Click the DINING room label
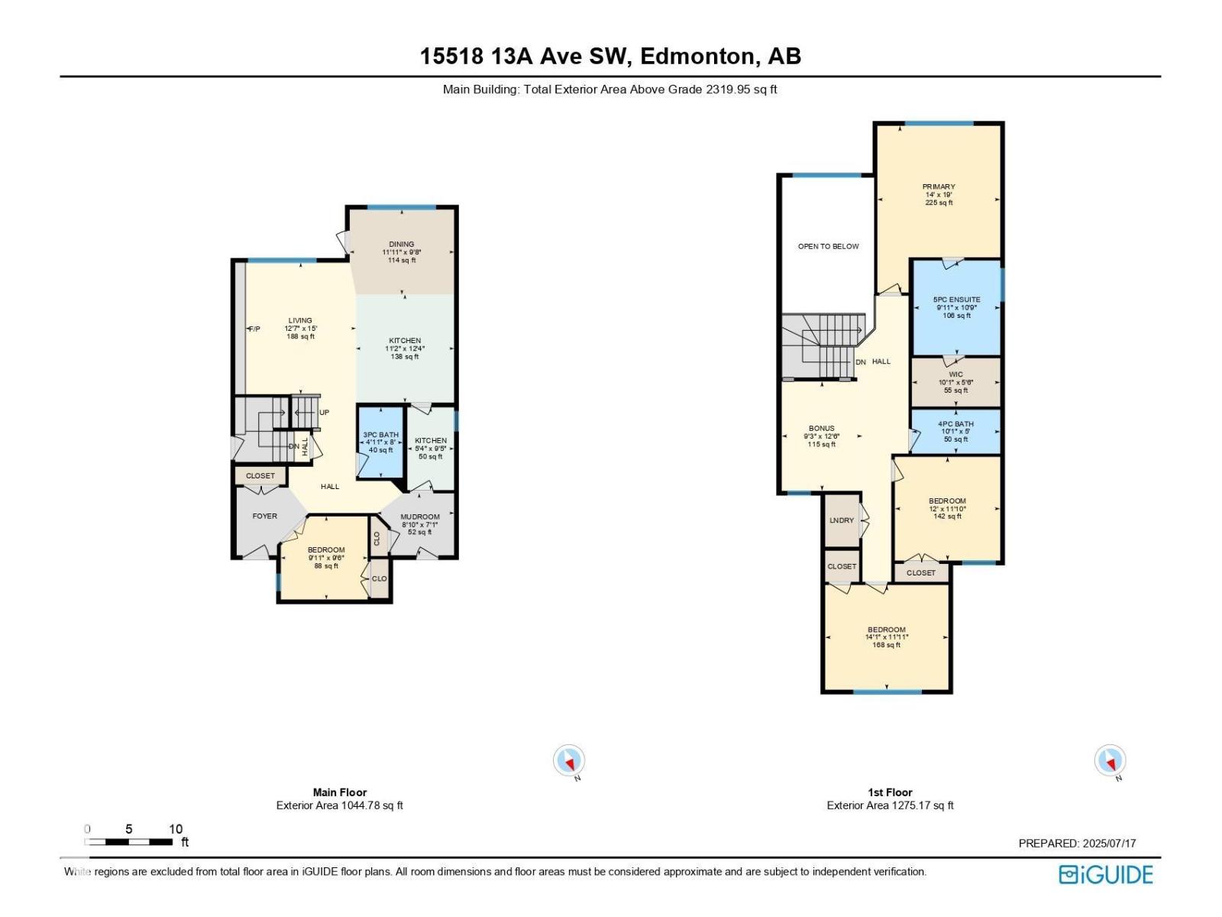(401, 245)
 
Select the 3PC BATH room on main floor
(380, 442)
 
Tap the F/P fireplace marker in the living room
(254, 329)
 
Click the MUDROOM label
(419, 517)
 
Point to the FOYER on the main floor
(265, 517)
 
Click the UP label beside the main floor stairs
(324, 413)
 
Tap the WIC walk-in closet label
(955, 375)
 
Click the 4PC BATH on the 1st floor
(955, 425)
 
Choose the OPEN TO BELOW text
(828, 247)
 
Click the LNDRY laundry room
(841, 520)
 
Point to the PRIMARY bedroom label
(938, 187)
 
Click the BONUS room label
(821, 429)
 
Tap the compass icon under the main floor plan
(569, 760)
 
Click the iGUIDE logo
(1105, 875)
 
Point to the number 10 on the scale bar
(176, 829)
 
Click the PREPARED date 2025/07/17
(1108, 844)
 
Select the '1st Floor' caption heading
(890, 792)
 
